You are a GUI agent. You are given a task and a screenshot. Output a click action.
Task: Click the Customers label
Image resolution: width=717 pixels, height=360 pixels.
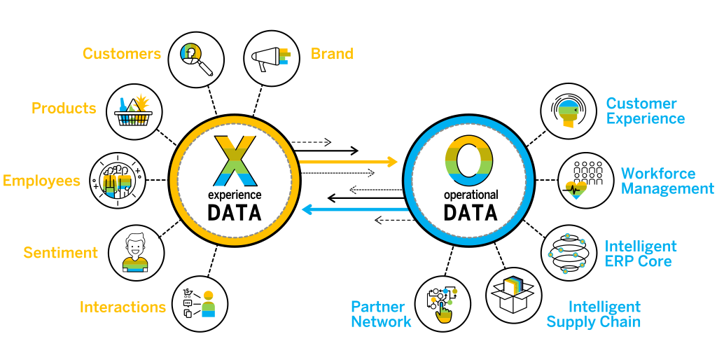click(121, 54)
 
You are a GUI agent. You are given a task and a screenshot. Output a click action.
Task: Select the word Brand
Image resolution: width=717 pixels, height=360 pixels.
click(332, 54)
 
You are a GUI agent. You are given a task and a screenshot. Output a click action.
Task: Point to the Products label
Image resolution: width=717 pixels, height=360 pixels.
click(64, 109)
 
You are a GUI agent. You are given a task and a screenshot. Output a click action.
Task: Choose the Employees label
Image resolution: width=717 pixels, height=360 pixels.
click(42, 181)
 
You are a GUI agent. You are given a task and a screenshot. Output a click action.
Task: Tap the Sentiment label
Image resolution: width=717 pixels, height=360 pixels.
click(60, 253)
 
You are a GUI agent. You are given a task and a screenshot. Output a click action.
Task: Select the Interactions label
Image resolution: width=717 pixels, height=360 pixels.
click(123, 307)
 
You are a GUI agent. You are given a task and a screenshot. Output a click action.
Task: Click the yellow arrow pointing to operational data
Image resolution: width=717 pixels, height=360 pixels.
click(348, 162)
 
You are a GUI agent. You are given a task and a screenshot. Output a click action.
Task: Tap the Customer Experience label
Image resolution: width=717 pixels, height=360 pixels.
click(645, 111)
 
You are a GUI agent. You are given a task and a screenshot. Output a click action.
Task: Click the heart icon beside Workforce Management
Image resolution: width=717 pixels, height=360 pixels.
click(576, 189)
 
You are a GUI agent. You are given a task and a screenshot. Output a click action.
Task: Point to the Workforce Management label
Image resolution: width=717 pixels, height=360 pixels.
click(667, 181)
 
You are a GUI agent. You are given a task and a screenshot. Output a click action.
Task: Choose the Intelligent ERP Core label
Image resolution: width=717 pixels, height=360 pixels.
click(640, 254)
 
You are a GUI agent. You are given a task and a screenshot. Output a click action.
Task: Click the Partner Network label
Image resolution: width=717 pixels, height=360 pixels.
click(380, 314)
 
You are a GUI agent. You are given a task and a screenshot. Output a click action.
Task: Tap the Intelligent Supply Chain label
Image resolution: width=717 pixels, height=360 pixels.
click(594, 314)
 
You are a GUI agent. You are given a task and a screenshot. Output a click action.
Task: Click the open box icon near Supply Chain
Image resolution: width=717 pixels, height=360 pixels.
click(513, 289)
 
